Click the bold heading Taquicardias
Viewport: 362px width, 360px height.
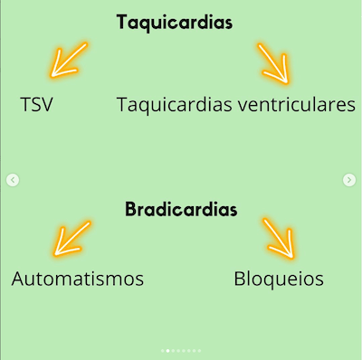(175, 23)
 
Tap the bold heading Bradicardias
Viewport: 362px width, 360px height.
(180, 210)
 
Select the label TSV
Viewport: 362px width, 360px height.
(36, 105)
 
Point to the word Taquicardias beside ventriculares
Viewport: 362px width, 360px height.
(175, 105)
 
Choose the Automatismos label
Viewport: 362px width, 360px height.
(78, 279)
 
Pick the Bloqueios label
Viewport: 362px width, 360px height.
(278, 279)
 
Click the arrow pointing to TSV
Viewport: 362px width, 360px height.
(68, 60)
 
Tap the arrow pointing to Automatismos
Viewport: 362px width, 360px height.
(71, 238)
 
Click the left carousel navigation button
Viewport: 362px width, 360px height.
(13, 180)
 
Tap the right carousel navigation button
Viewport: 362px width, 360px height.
(349, 180)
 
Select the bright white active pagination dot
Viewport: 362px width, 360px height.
(168, 349)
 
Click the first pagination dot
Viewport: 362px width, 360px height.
(163, 349)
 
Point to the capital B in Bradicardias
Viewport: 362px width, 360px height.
(130, 210)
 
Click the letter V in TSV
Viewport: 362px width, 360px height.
(47, 105)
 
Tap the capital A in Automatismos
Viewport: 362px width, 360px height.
(19, 279)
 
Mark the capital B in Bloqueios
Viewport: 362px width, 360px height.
(239, 279)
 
